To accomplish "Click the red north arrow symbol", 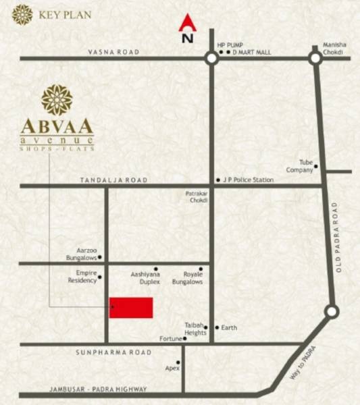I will point(186,24).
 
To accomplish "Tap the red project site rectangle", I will point(131,308).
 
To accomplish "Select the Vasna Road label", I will point(113,52).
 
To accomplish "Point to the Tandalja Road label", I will point(113,180).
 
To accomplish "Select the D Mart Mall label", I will point(253,52).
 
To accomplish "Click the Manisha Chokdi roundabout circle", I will point(315,59).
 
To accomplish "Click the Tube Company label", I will point(301,166).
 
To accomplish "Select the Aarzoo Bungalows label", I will point(82,254).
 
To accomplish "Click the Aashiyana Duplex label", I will point(145,277).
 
